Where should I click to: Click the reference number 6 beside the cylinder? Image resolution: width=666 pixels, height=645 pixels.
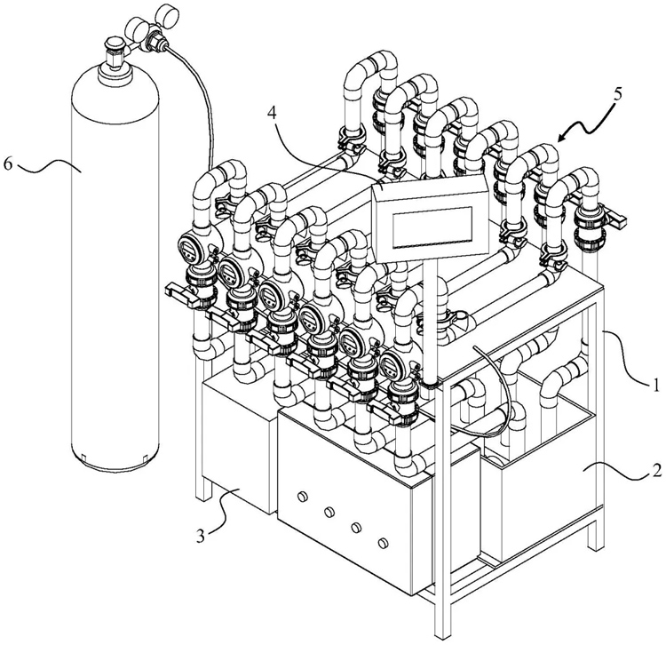tap(8, 163)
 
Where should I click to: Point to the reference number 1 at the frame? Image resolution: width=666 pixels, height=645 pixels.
tap(655, 386)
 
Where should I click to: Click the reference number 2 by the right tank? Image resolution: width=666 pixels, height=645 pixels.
tap(656, 470)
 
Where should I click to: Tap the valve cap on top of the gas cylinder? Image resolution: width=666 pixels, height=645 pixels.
tap(113, 43)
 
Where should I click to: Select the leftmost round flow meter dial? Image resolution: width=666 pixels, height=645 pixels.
tap(187, 249)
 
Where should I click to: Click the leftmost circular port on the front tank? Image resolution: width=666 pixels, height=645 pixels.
tap(303, 496)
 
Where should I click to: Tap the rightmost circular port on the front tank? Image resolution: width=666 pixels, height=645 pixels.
tap(383, 543)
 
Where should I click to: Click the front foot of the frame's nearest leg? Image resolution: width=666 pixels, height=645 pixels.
tap(442, 631)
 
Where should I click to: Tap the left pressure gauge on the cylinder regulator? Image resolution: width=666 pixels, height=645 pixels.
tap(134, 29)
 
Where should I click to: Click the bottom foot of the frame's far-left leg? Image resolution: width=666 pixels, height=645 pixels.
tap(203, 492)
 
